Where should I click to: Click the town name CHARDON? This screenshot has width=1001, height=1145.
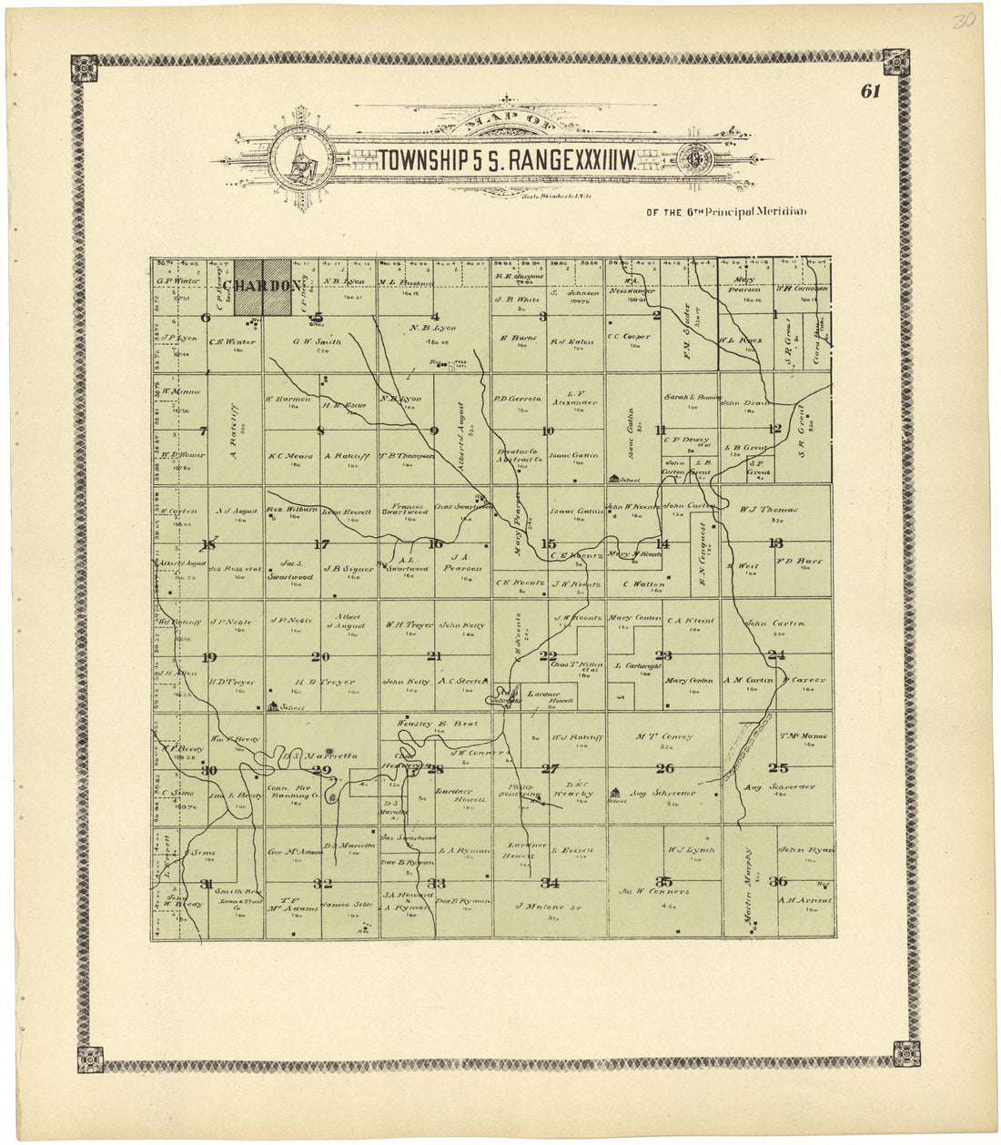pyautogui.click(x=264, y=287)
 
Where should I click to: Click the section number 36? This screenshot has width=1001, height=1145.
pyautogui.click(x=778, y=881)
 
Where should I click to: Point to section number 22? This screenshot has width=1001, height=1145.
pyautogui.click(x=548, y=655)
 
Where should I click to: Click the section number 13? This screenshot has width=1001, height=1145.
pyautogui.click(x=775, y=543)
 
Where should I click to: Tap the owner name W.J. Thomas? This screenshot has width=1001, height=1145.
pyautogui.click(x=769, y=510)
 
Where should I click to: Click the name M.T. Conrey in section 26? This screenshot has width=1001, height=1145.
pyautogui.click(x=664, y=736)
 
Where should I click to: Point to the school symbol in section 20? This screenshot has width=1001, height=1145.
pyautogui.click(x=273, y=705)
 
